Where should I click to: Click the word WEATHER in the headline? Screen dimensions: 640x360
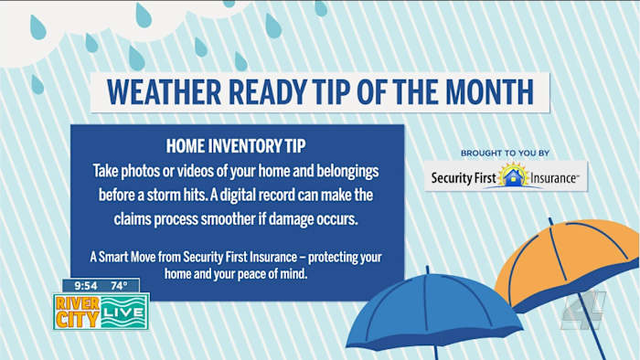(x=164, y=92)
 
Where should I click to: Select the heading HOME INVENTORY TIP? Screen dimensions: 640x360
(x=236, y=146)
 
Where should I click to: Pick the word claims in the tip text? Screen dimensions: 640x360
(x=133, y=219)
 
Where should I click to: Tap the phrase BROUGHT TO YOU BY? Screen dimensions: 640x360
(x=506, y=154)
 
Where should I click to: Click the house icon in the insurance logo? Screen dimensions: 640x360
(x=514, y=176)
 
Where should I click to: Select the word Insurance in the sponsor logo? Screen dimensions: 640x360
(x=553, y=178)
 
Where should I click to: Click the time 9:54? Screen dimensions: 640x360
(x=86, y=286)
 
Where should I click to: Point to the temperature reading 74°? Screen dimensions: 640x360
(x=119, y=286)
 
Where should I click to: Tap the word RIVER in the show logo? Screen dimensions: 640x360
(x=78, y=303)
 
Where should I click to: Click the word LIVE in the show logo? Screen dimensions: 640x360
(x=123, y=312)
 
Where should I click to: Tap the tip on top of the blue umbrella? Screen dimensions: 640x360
(x=427, y=269)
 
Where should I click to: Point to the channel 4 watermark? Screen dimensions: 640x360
(x=583, y=310)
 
